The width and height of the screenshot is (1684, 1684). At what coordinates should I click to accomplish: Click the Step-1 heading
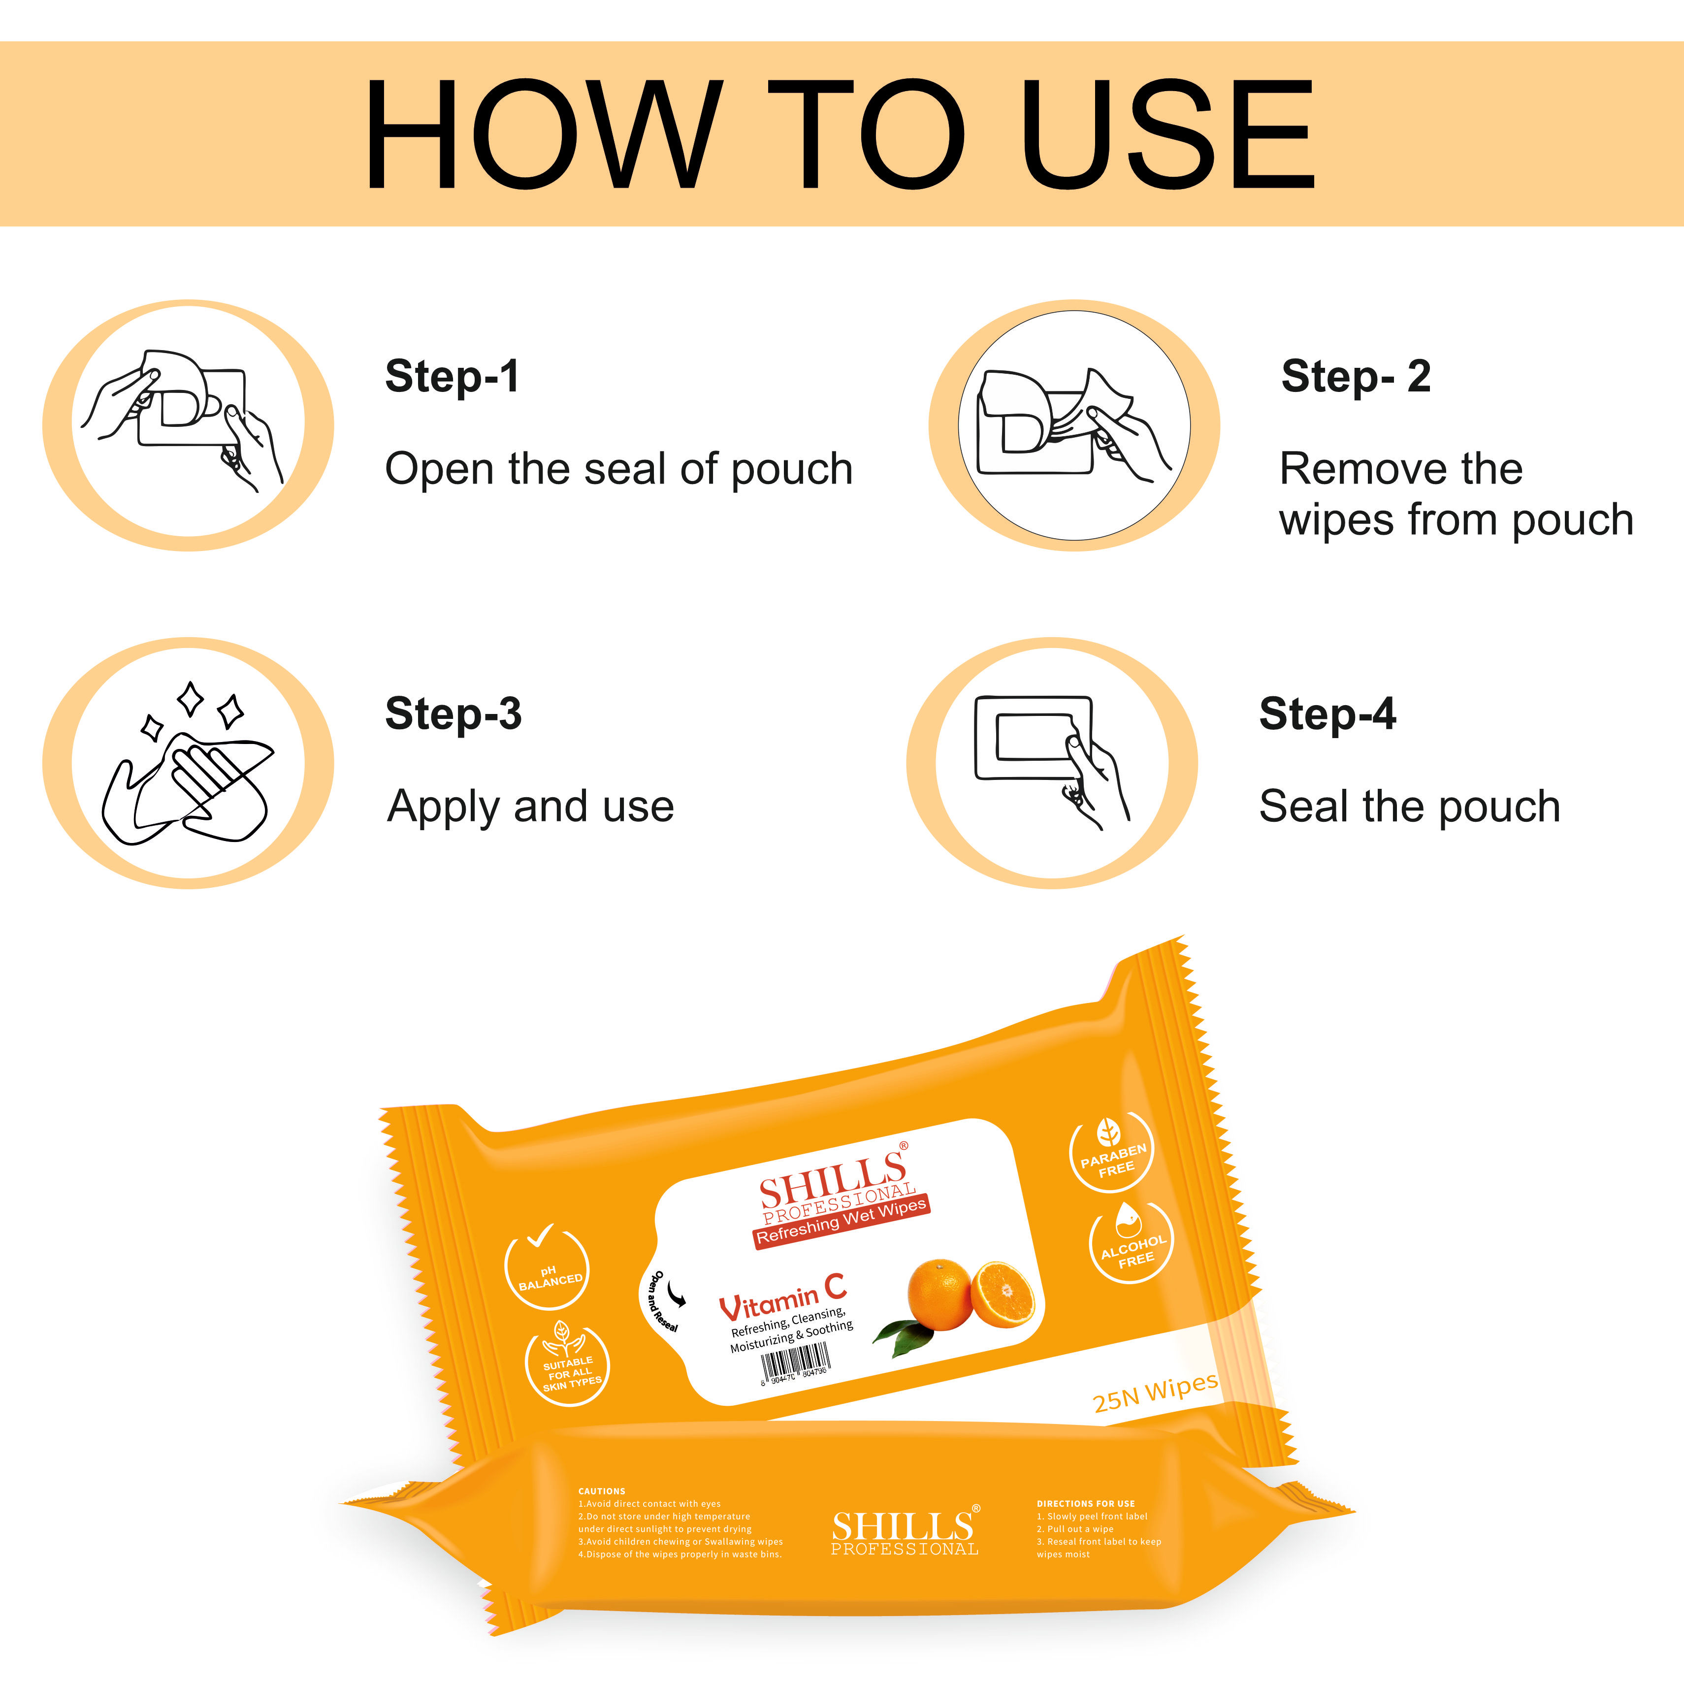pyautogui.click(x=453, y=377)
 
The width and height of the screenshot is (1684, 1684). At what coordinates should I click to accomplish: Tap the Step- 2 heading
pyautogui.click(x=1356, y=377)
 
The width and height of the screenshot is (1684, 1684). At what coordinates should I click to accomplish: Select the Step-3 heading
pyautogui.click(x=453, y=714)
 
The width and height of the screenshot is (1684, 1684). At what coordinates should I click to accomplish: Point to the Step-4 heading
pyautogui.click(x=1328, y=714)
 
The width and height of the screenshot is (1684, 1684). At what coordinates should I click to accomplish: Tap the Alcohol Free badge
pyautogui.click(x=1132, y=1244)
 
